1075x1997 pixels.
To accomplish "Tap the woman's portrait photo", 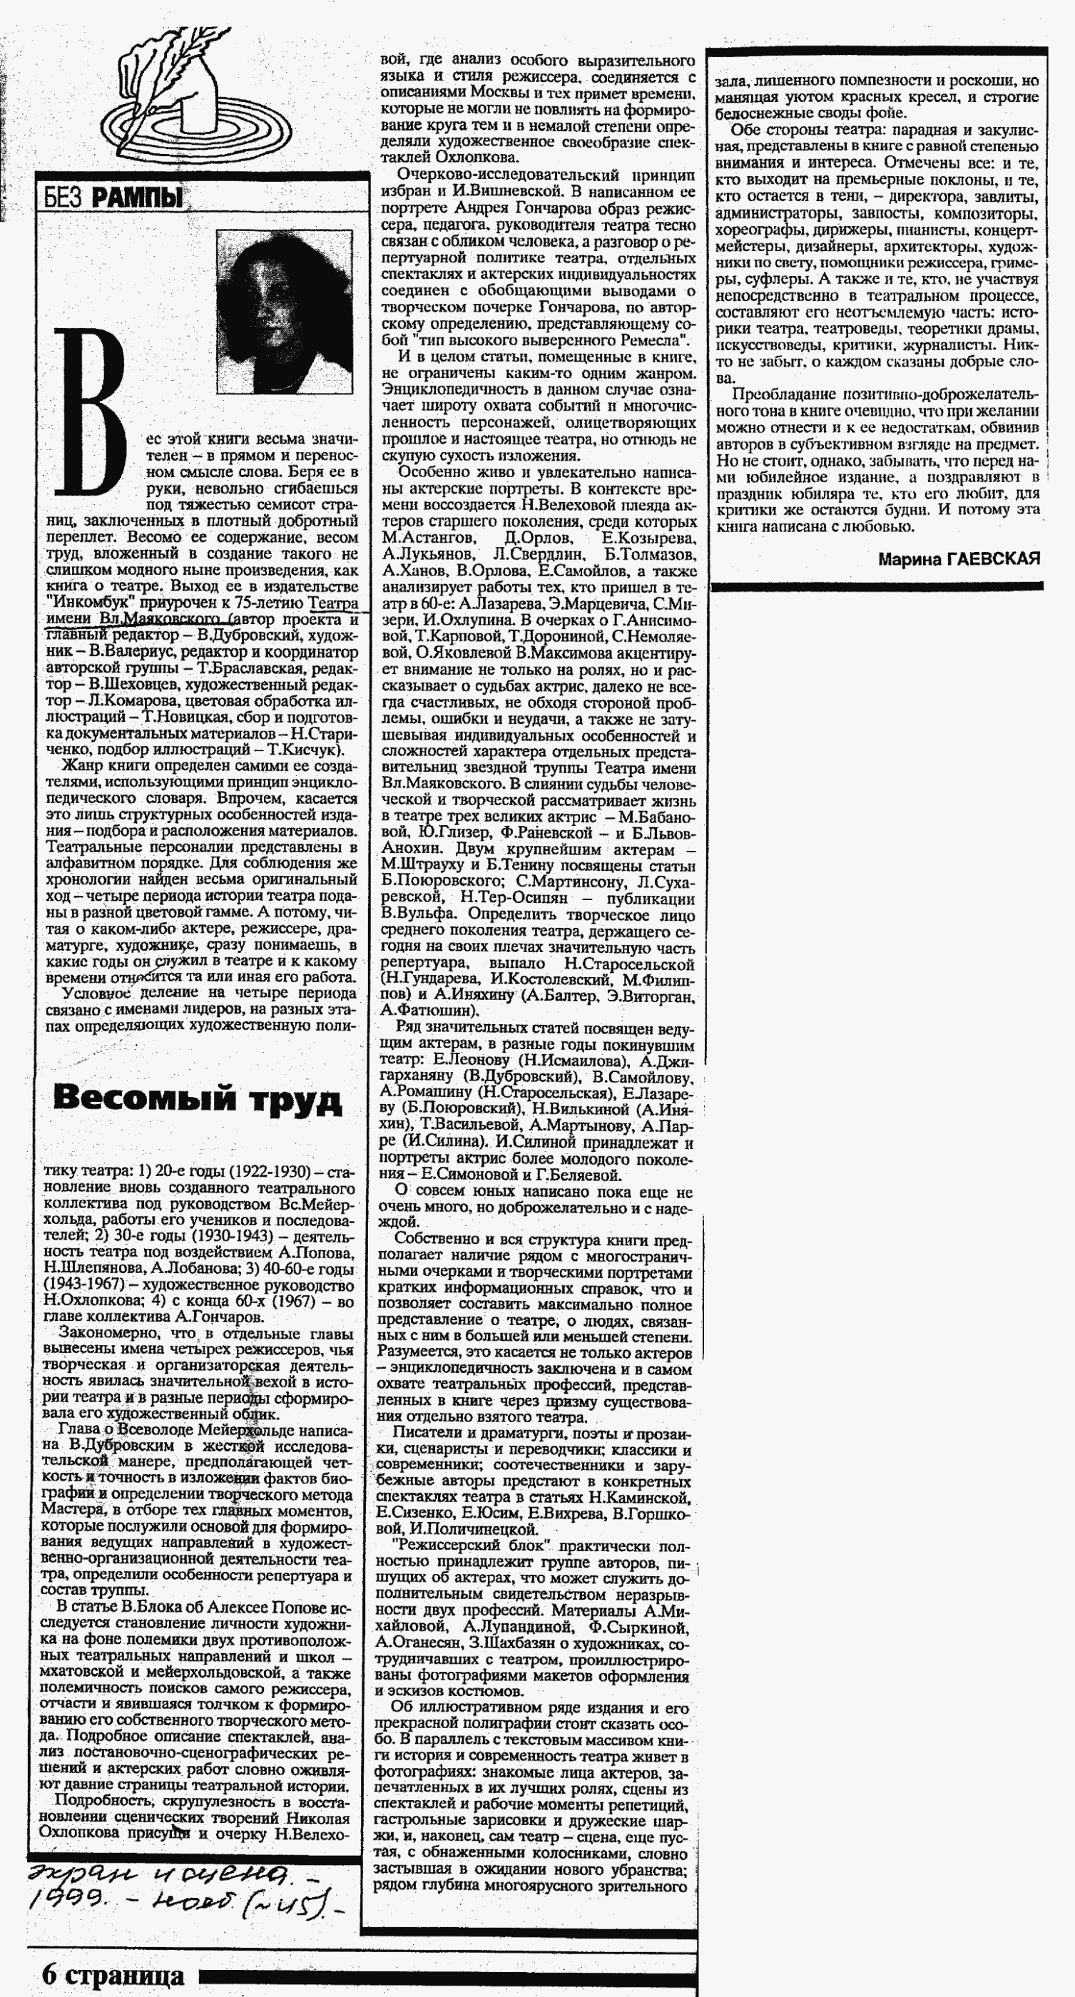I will (284, 311).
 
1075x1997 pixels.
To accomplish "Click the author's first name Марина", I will (910, 559).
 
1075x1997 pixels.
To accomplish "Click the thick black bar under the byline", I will (877, 587).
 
